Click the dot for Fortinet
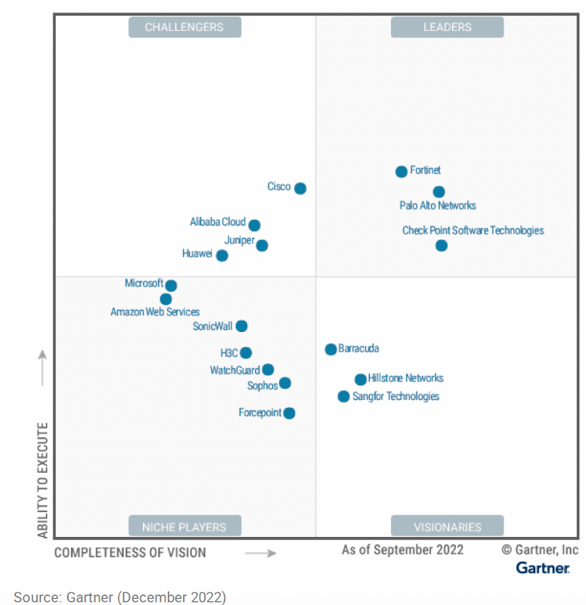point(402,172)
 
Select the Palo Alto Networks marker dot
point(439,192)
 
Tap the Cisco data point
point(300,188)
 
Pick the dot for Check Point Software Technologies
point(442,246)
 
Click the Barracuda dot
point(330,349)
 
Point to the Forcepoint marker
point(289,413)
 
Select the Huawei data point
point(222,256)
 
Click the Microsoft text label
point(144,284)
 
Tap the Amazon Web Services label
point(155,312)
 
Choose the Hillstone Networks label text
point(405,378)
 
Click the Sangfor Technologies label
point(395,396)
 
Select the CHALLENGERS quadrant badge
point(184,27)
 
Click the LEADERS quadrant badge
point(447,27)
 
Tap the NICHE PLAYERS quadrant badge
point(184,526)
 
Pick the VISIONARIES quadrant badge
point(447,526)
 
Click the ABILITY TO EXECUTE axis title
point(42,480)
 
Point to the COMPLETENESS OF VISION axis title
point(130,553)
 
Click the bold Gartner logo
point(543,568)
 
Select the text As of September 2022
point(402,550)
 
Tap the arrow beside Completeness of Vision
point(261,554)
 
